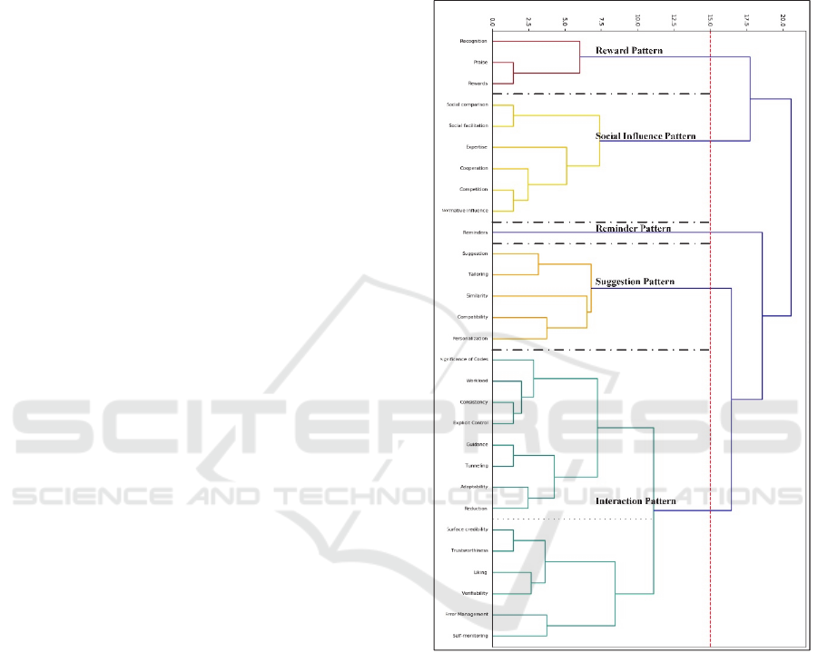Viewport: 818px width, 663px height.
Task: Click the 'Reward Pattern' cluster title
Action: coord(628,51)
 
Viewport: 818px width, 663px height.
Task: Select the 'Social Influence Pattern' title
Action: coord(646,136)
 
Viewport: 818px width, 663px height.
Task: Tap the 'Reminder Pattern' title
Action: coord(633,229)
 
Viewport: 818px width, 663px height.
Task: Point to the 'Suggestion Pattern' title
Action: coord(635,282)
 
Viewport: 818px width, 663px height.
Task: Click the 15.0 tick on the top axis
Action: coord(710,19)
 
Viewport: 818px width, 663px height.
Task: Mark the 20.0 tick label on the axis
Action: coord(783,19)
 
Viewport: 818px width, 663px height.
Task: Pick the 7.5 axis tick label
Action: coord(601,19)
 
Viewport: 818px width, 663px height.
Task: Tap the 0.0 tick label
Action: coord(492,19)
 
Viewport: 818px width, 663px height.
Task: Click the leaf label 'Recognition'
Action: coord(473,41)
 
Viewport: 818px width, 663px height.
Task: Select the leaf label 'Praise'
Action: coord(480,63)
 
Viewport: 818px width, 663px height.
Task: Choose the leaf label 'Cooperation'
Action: coord(474,168)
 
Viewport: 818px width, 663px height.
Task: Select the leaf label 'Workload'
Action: coord(477,381)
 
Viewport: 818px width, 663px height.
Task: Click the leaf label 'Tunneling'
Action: coord(476,465)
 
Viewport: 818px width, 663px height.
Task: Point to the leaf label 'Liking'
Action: coord(479,572)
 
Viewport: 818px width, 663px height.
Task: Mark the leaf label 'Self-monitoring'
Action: coord(470,636)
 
